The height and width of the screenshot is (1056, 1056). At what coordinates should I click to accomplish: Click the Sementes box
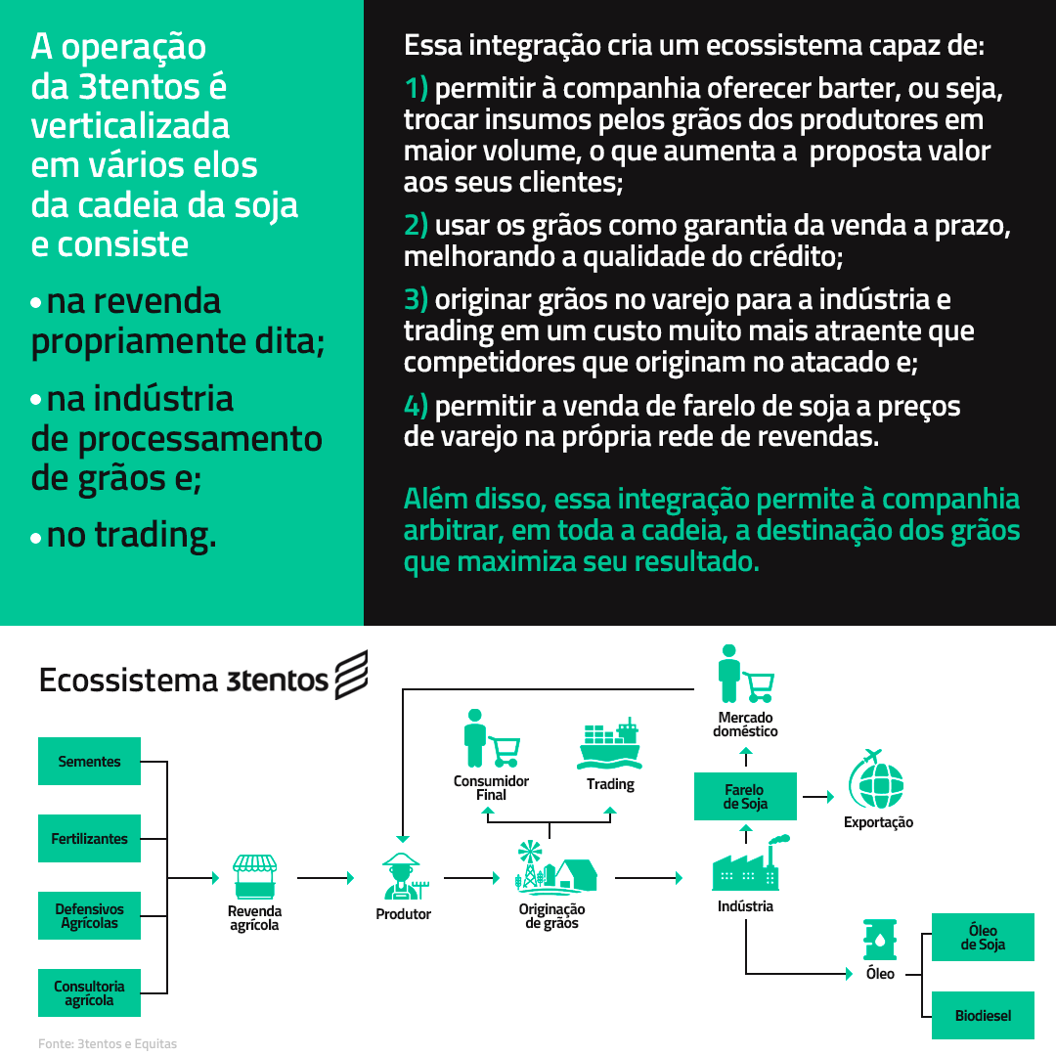point(89,761)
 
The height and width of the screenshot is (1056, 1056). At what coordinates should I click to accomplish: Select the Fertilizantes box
point(89,839)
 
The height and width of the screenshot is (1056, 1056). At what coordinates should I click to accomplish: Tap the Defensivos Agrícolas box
point(89,916)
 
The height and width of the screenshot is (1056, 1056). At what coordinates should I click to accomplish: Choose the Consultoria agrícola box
point(89,992)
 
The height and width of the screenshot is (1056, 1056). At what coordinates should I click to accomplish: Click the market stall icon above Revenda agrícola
point(254,876)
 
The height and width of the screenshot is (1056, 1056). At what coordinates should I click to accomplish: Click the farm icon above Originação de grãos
point(555,865)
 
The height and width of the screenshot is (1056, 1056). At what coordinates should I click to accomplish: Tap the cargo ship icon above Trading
point(609,744)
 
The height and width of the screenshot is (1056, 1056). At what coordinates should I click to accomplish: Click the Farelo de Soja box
point(745,796)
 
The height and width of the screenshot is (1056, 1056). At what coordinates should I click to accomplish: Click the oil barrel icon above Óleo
point(880,941)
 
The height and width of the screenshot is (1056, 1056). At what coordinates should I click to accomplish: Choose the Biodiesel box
point(984,1015)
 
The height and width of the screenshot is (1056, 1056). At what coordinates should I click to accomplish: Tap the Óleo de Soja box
point(984,938)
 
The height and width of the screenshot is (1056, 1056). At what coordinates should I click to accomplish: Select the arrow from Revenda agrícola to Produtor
point(326,877)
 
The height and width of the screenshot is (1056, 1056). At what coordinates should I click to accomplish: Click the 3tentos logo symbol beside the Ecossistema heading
point(352,675)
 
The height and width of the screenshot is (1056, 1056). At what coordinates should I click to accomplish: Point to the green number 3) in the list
point(416,300)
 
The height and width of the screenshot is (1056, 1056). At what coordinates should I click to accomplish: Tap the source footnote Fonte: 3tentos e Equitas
point(108,1043)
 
